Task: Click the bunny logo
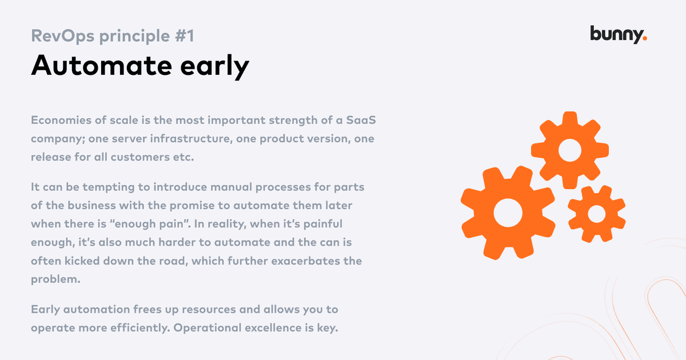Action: point(619,35)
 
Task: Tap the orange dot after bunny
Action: point(645,38)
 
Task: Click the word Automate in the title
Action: point(101,65)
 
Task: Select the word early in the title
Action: point(215,66)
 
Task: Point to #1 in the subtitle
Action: point(184,36)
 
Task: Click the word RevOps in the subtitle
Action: point(62,36)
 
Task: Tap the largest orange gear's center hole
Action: point(508,213)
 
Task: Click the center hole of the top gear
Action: point(570,150)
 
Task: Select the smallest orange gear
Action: point(597,214)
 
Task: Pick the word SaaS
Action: point(361,120)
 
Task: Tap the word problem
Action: point(55,279)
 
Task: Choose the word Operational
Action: point(208,328)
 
